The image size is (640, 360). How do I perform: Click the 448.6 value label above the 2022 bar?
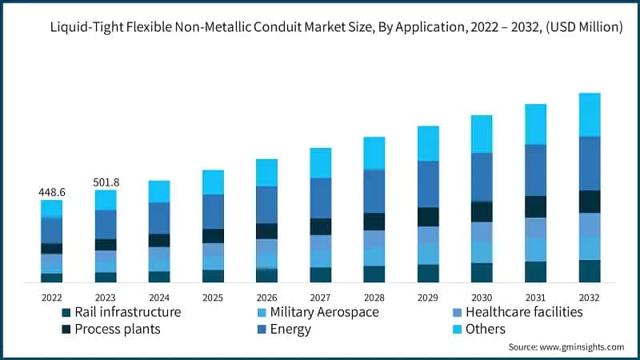(52, 193)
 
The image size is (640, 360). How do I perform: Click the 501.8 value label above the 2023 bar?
(106, 182)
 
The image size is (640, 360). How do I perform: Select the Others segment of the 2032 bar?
(590, 114)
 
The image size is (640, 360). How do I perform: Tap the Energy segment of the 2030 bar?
(482, 176)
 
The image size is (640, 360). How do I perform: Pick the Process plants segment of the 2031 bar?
(535, 206)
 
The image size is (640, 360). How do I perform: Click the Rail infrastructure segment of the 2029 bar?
(428, 273)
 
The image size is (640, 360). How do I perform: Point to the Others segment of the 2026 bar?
(266, 172)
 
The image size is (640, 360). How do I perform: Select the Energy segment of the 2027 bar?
(320, 198)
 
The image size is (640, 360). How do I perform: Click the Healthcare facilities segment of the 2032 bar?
(590, 224)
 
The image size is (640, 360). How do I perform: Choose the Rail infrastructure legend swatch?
(67, 312)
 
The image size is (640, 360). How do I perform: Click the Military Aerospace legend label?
(324, 312)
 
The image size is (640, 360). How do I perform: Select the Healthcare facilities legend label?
(524, 312)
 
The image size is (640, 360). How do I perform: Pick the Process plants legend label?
(118, 329)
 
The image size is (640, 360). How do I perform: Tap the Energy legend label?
(291, 329)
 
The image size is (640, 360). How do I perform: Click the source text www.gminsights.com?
(582, 347)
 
